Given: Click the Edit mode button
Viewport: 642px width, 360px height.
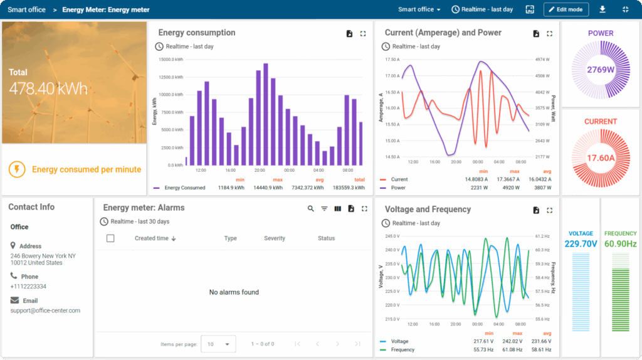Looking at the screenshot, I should pos(566,9).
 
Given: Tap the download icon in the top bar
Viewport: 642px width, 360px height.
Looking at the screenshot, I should pos(603,9).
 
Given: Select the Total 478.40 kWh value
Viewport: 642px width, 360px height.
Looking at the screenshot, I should pos(48,88).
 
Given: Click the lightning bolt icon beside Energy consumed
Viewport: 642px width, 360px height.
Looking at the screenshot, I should pos(17,169).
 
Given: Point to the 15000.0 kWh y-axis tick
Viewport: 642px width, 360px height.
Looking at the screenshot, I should pos(171,60).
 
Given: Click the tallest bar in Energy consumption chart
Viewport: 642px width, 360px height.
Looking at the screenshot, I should pos(265,114).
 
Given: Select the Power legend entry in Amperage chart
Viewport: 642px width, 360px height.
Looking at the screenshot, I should pos(398,188).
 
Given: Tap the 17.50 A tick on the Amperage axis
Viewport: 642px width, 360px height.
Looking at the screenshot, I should pos(392,60).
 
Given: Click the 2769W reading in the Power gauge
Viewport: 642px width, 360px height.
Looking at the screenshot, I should pos(601,70).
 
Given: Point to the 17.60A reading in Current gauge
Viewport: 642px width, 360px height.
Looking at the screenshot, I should pos(601,158).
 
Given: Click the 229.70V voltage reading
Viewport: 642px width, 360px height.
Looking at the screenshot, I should pos(581,244).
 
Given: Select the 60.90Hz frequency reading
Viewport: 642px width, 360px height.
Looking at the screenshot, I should pos(620,244).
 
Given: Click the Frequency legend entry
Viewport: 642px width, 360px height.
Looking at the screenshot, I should pos(403,350).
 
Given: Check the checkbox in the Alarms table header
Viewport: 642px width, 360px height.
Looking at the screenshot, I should pos(110,238).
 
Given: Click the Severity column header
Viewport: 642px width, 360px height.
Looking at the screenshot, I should pos(275,238).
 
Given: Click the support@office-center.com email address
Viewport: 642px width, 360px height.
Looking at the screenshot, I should pos(45,310).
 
